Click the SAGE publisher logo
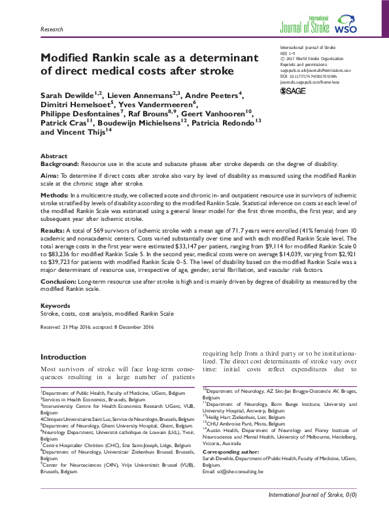pos(294,92)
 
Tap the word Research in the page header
pos(52,30)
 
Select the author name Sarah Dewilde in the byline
pos(65,96)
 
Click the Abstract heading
pos(54,157)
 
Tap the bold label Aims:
pos(50,176)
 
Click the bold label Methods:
pos(56,195)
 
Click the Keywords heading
pos(56,306)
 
